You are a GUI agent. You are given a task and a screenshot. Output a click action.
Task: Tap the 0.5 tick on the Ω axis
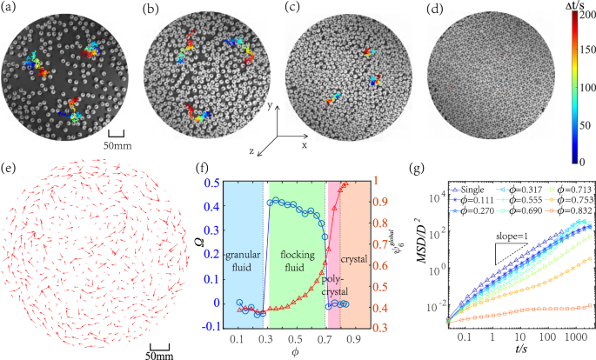[x=214, y=183]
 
